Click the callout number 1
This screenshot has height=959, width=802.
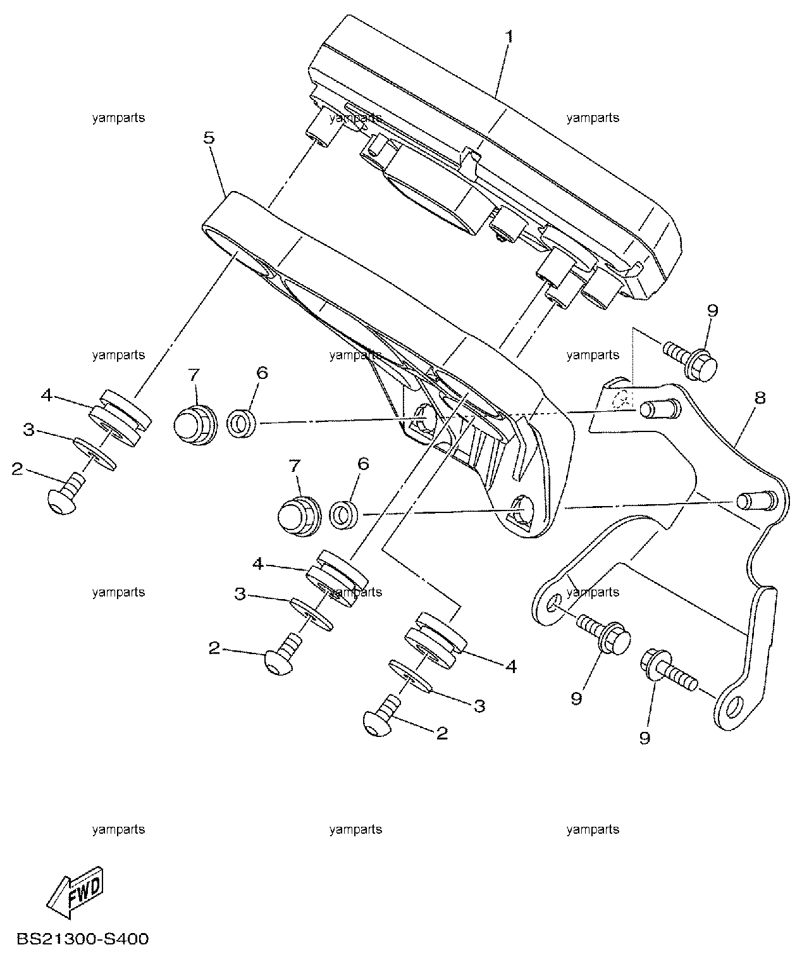point(509,37)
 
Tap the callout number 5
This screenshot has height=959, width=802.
point(209,138)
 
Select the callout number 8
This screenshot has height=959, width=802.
point(760,397)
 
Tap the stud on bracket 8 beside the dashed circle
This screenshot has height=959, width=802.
point(659,408)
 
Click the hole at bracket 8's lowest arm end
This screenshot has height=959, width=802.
point(734,707)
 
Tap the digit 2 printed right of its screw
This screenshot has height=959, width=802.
point(441,733)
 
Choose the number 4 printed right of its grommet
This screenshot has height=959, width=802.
point(511,666)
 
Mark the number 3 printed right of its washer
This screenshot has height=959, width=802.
point(479,706)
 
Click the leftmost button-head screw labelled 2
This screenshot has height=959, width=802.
point(66,495)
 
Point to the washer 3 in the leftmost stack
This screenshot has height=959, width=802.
point(95,454)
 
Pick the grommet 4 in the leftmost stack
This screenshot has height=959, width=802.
point(120,418)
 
